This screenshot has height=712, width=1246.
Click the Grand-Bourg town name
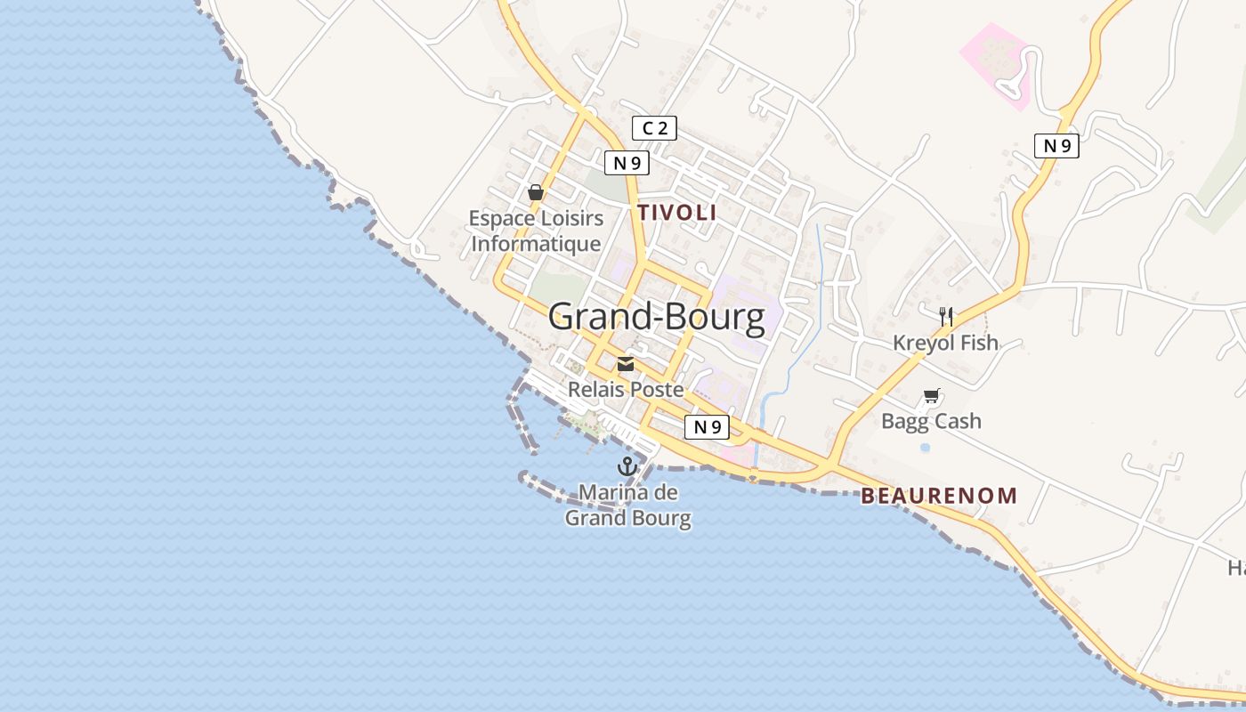point(656,317)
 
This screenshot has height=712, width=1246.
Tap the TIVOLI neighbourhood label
point(676,213)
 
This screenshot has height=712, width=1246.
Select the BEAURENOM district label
point(938,496)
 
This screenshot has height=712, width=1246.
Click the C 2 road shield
point(654,128)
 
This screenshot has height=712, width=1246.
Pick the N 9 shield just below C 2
point(627,163)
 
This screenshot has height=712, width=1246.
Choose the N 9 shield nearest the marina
point(708,426)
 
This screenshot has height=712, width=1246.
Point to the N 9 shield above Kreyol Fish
point(1056,146)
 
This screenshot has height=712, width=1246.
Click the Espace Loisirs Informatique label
point(536,231)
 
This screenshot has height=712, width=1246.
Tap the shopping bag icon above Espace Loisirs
point(536,192)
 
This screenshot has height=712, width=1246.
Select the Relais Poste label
point(626,389)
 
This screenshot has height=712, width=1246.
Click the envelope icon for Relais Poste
point(626,363)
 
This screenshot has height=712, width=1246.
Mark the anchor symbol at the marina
point(627,465)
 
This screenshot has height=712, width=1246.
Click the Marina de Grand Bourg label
point(628,505)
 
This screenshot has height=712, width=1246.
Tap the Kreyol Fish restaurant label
point(945,343)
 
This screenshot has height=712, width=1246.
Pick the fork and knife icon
point(946,315)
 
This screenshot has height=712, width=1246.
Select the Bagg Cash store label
point(931,420)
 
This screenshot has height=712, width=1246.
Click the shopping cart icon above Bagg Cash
point(932,395)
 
